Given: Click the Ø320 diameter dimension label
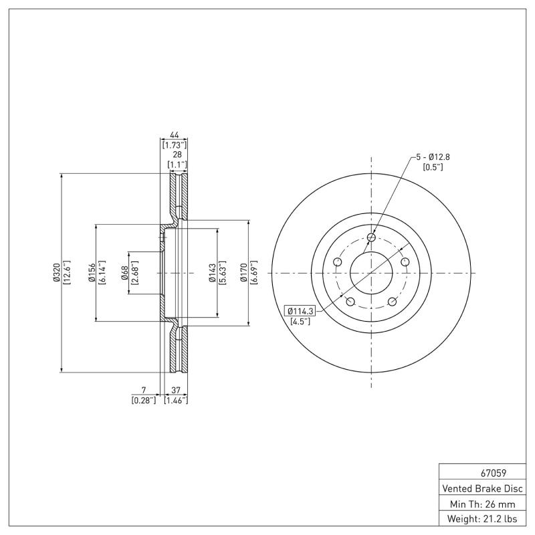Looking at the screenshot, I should [x=57, y=273].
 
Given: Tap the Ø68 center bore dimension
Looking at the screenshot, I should [x=125, y=273].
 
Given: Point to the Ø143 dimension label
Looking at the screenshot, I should [x=212, y=273].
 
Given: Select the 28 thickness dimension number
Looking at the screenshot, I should [x=177, y=154].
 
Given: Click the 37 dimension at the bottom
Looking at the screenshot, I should [x=176, y=390].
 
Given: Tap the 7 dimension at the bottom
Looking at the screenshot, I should [x=143, y=390].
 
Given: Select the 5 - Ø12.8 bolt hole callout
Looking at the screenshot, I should [x=433, y=157].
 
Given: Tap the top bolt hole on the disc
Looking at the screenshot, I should [x=371, y=237].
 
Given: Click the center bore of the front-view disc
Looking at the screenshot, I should [x=371, y=273].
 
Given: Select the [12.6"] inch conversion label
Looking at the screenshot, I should [x=66, y=273].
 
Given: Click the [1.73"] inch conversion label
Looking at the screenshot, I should [x=174, y=144].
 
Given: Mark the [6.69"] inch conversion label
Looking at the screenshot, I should [x=254, y=273].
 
